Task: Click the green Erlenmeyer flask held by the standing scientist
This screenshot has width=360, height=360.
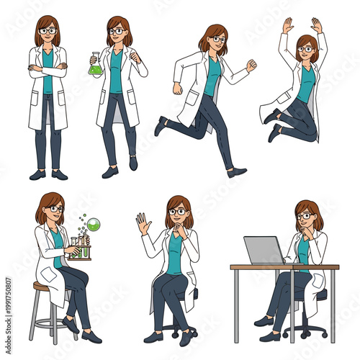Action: [x=94, y=66]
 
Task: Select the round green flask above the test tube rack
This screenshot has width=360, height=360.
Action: [x=94, y=225]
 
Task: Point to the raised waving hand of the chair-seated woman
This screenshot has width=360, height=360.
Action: [x=143, y=224]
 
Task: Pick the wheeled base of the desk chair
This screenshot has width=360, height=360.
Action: [x=303, y=333]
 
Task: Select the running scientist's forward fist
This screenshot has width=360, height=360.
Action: [x=251, y=65]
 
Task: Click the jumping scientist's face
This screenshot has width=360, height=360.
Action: [x=305, y=50]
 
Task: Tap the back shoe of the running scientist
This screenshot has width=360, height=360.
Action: [x=160, y=127]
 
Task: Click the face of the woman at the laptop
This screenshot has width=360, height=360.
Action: [x=305, y=217]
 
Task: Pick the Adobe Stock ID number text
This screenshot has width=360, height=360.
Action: [x=8, y=309]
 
